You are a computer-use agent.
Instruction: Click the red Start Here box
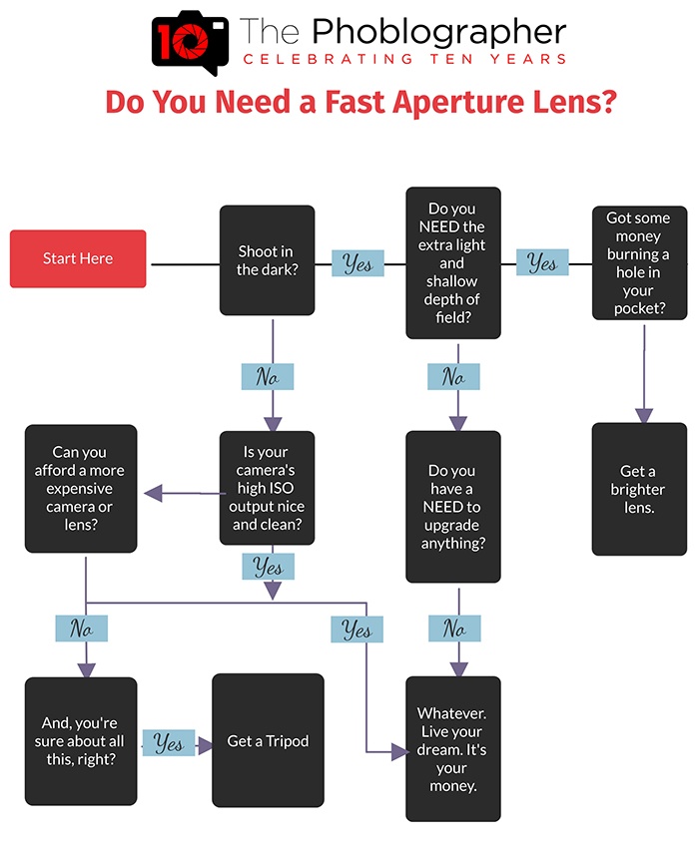[78, 258]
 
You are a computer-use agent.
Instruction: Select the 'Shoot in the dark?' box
[267, 260]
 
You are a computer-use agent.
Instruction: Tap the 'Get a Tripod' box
[268, 740]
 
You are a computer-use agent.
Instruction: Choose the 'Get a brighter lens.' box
[639, 489]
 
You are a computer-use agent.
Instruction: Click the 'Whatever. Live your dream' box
[453, 748]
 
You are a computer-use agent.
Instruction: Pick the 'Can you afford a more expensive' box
[81, 488]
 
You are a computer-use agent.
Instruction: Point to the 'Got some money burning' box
[639, 263]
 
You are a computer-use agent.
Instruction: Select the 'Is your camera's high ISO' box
[267, 488]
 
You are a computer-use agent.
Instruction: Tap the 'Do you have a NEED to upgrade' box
[453, 507]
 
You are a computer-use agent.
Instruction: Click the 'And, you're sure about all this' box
[81, 741]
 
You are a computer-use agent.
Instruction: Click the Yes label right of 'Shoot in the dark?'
[357, 263]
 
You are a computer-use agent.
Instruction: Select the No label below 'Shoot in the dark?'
[268, 376]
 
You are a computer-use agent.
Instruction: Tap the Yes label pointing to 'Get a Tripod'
[169, 743]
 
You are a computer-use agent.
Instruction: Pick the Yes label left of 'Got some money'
[542, 262]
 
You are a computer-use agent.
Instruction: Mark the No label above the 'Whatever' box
[454, 628]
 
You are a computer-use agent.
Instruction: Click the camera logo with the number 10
[190, 42]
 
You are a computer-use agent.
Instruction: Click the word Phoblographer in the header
[439, 31]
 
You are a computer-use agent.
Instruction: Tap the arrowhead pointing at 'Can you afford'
[154, 493]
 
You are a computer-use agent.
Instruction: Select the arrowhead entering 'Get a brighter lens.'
[644, 416]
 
